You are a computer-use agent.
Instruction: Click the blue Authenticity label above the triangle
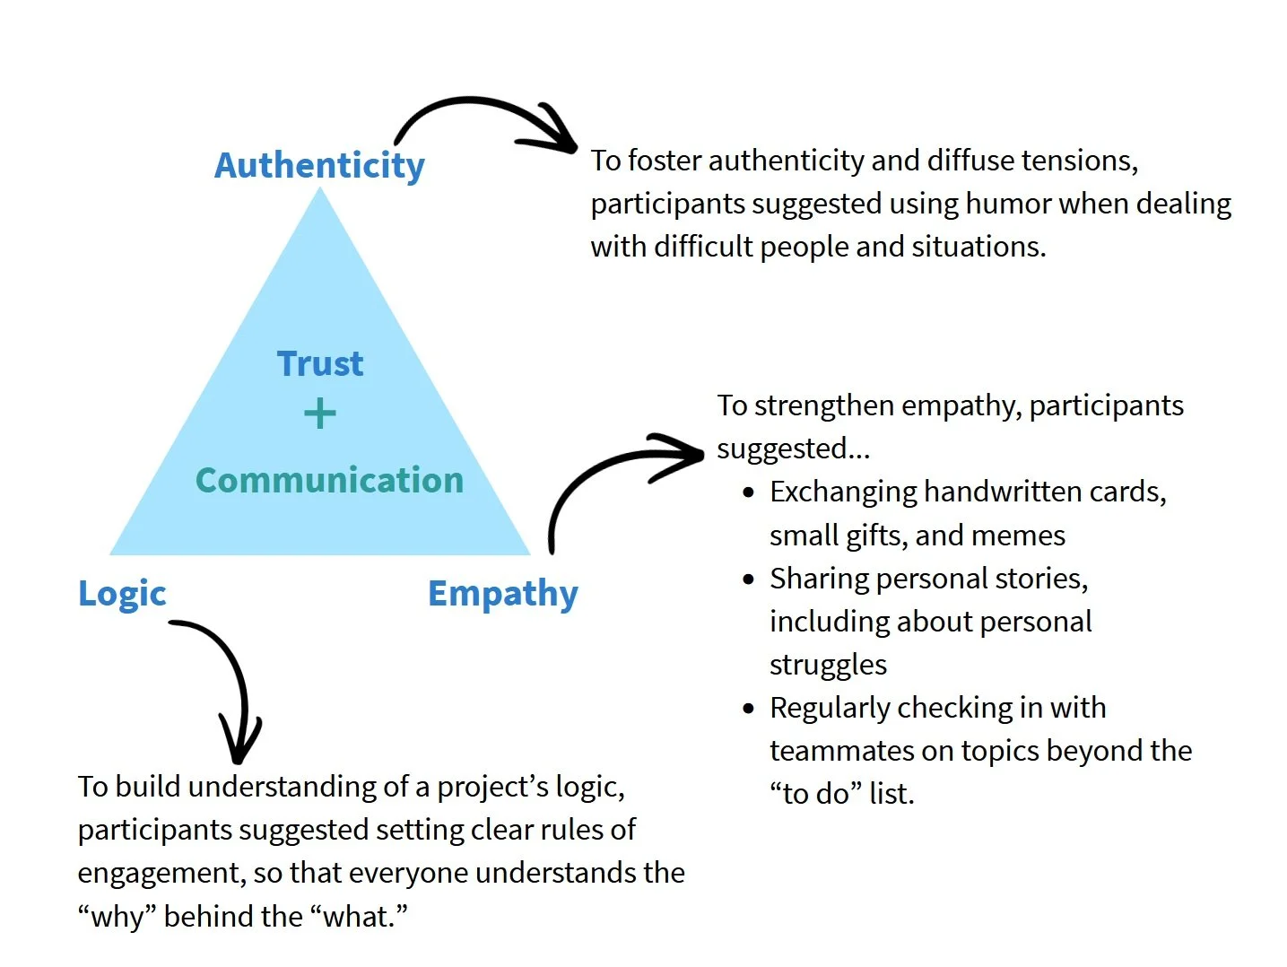(319, 166)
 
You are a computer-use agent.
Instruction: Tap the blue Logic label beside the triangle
(122, 593)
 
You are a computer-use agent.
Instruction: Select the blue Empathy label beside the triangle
(502, 593)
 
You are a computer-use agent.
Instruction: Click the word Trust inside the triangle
(320, 364)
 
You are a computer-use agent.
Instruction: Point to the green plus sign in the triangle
(320, 414)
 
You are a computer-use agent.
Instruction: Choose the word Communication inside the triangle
(329, 480)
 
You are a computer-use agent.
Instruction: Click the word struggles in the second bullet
(828, 665)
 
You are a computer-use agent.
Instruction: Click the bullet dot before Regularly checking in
(749, 709)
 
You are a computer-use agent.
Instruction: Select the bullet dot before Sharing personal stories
(749, 579)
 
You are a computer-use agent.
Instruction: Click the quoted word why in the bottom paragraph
(117, 916)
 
